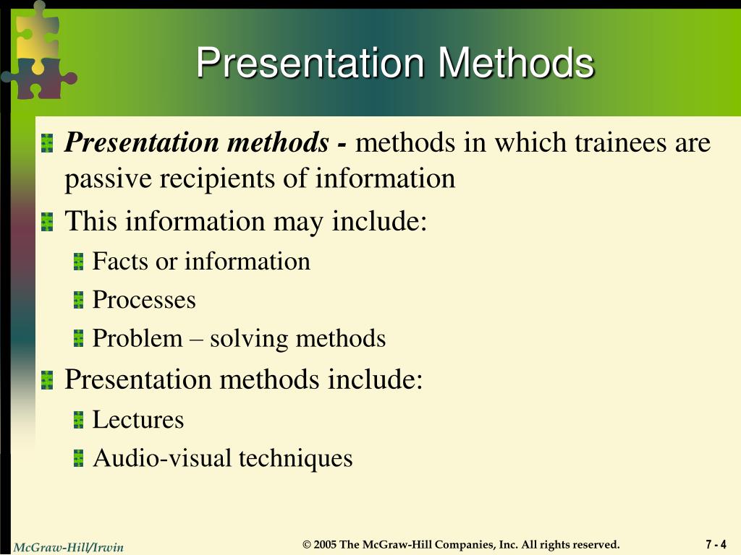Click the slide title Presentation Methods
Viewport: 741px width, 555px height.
pyautogui.click(x=395, y=63)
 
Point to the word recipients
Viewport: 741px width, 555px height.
pyautogui.click(x=216, y=178)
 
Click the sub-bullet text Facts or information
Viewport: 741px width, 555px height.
pyautogui.click(x=201, y=261)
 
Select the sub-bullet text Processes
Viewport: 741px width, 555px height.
pyautogui.click(x=144, y=300)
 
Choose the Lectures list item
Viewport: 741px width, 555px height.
pyautogui.click(x=138, y=420)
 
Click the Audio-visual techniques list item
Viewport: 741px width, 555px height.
pyautogui.click(x=222, y=458)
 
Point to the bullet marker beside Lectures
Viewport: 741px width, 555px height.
pyautogui.click(x=79, y=421)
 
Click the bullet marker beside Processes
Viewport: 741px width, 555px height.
pyautogui.click(x=79, y=301)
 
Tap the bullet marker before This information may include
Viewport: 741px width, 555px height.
pyautogui.click(x=48, y=222)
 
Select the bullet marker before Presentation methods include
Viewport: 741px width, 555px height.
pyautogui.click(x=48, y=380)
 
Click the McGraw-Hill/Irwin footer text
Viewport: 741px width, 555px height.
pyautogui.click(x=69, y=547)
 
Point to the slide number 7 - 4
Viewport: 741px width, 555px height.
pyautogui.click(x=716, y=544)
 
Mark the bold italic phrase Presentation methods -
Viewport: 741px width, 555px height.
pyautogui.click(x=206, y=143)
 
